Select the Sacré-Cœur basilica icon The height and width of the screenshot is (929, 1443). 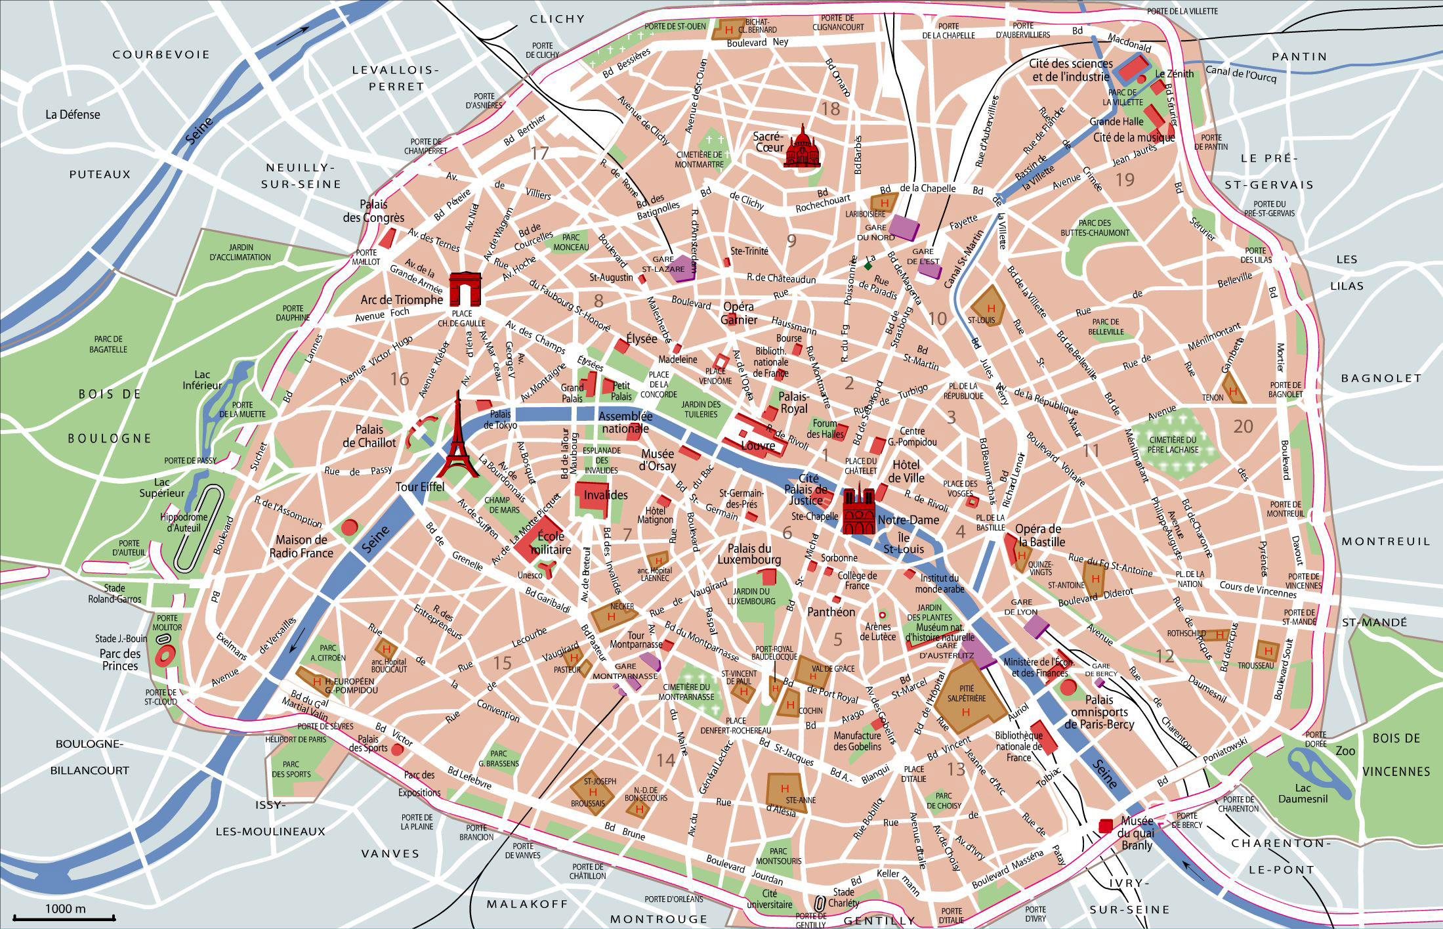802,148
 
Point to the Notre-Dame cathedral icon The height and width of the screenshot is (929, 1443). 859,511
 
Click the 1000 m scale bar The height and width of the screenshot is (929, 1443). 64,917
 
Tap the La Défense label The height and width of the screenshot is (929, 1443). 73,114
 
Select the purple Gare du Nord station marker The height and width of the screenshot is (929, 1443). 904,227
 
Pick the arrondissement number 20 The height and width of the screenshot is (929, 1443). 1243,427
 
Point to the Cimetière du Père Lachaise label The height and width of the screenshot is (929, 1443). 1173,444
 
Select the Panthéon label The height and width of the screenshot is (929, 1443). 831,612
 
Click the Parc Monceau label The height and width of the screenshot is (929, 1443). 571,242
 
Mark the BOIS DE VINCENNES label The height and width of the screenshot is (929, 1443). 1395,754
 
